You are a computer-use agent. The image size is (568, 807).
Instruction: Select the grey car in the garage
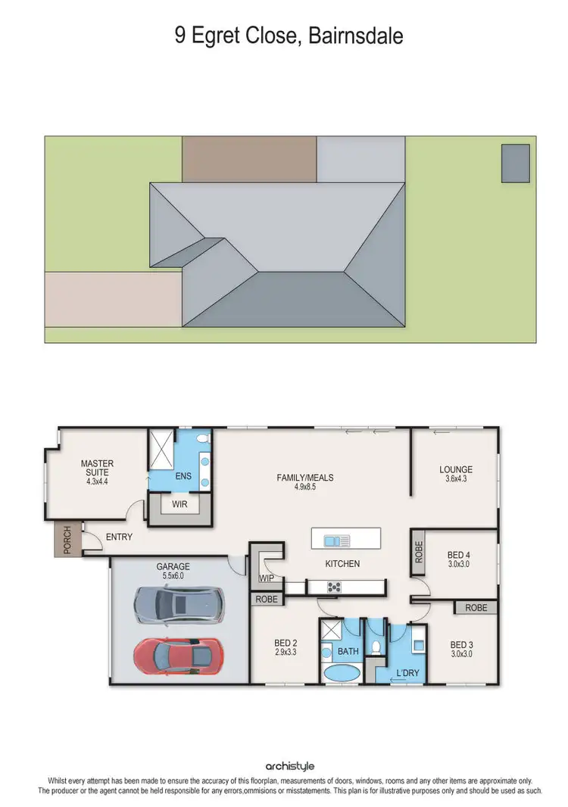click(x=179, y=604)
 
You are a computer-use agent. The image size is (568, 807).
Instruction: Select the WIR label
click(x=179, y=503)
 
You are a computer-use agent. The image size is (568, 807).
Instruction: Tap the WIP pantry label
click(x=266, y=578)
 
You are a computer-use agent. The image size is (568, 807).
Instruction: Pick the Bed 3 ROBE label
click(x=476, y=607)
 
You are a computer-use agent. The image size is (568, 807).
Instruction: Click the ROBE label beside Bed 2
click(x=267, y=600)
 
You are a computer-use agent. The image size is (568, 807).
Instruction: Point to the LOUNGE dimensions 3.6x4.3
click(x=455, y=479)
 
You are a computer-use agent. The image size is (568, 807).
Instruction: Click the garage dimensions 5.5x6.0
click(x=173, y=575)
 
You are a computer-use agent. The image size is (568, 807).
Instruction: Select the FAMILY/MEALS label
click(x=304, y=478)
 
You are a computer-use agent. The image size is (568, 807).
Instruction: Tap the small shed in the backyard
click(x=515, y=163)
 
